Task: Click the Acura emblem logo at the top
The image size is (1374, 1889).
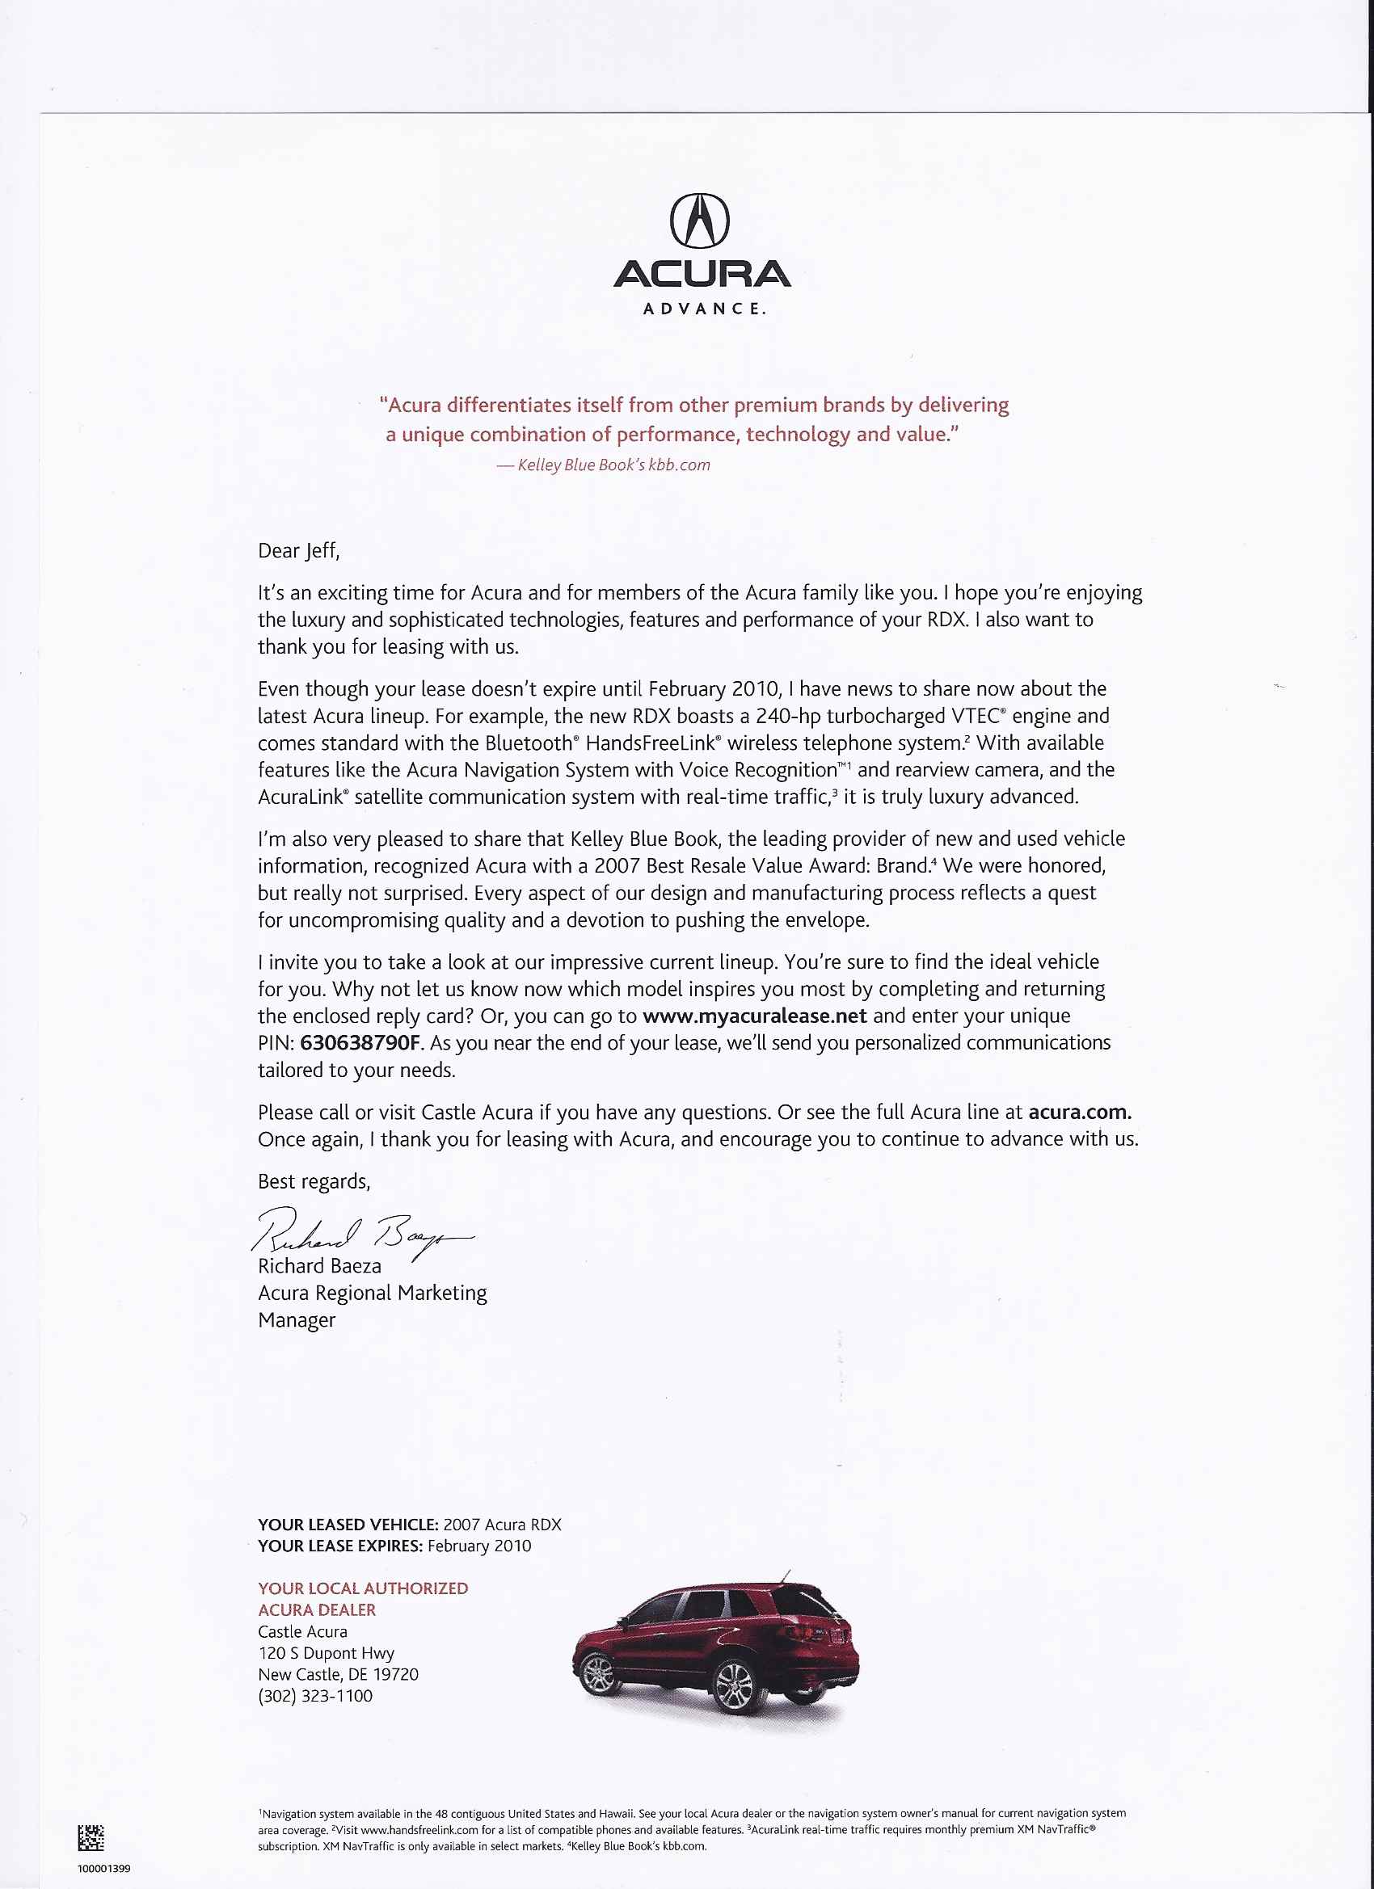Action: coord(700,221)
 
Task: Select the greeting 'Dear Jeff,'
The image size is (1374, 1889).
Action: coord(298,550)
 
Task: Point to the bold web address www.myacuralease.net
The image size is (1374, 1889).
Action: coord(755,1016)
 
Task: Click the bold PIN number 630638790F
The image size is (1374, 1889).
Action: coord(361,1044)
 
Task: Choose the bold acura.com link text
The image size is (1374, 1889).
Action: coord(1080,1113)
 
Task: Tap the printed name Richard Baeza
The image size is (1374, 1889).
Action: coord(319,1267)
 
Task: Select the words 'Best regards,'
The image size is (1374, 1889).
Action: coord(314,1182)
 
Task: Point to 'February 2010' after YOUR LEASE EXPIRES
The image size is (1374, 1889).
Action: coord(479,1546)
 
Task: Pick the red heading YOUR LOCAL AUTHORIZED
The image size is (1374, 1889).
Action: coord(362,1589)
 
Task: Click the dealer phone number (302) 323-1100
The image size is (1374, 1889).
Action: coord(315,1697)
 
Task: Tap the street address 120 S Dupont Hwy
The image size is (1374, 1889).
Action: coord(326,1653)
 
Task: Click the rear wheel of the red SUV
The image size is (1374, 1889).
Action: coord(735,1683)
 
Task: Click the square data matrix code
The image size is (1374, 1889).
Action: coord(91,1837)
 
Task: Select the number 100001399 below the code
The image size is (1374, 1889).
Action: coord(103,1868)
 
